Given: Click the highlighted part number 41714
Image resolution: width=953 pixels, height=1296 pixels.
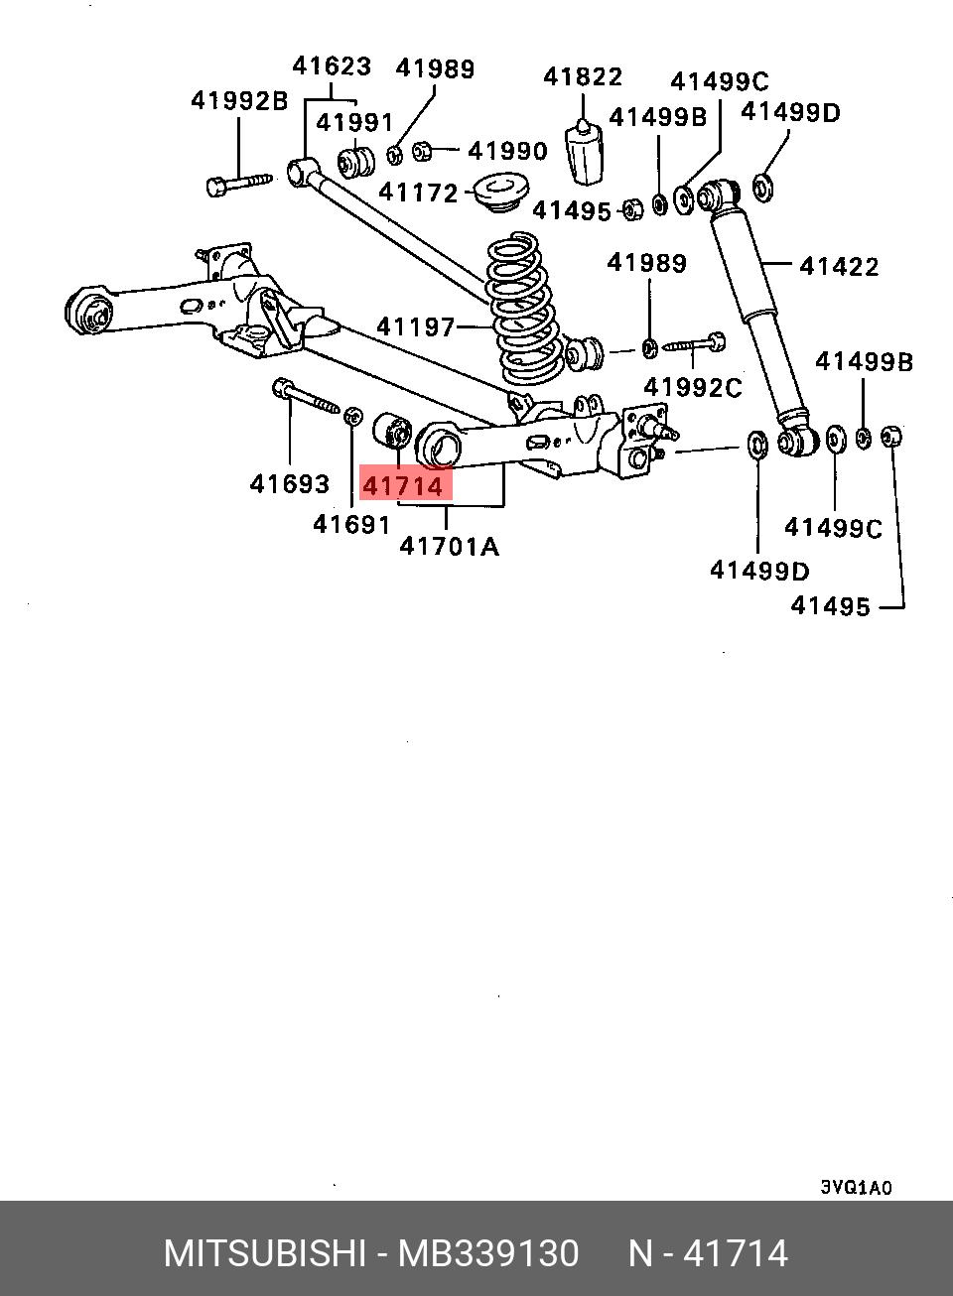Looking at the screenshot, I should click(x=404, y=486).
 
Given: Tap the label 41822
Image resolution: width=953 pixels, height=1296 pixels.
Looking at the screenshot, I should click(x=583, y=77).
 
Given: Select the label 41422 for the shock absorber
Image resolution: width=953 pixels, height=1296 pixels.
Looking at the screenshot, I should click(x=839, y=266).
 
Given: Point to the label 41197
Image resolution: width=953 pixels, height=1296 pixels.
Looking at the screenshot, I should click(x=415, y=326).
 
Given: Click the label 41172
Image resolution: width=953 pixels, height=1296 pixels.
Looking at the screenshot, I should click(x=418, y=193).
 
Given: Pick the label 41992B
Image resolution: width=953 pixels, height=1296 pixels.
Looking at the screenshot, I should click(x=238, y=101).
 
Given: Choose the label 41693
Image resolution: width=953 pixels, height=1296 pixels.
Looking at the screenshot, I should click(x=289, y=484).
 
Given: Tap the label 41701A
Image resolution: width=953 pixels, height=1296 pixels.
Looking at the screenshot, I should click(x=449, y=546).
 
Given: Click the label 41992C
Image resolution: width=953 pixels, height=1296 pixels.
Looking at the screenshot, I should click(x=692, y=387).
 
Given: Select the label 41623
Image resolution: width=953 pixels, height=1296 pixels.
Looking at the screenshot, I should click(x=332, y=66).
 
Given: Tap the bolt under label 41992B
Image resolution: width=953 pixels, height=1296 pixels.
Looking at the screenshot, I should click(x=239, y=184).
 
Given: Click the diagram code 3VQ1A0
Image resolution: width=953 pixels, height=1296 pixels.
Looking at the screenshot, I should click(x=856, y=1188).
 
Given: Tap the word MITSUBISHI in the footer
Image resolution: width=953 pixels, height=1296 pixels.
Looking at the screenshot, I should click(x=265, y=1254).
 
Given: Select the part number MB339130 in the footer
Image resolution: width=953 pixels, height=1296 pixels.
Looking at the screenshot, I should click(x=488, y=1254).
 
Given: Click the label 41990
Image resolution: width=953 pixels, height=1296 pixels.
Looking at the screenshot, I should click(x=507, y=151).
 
